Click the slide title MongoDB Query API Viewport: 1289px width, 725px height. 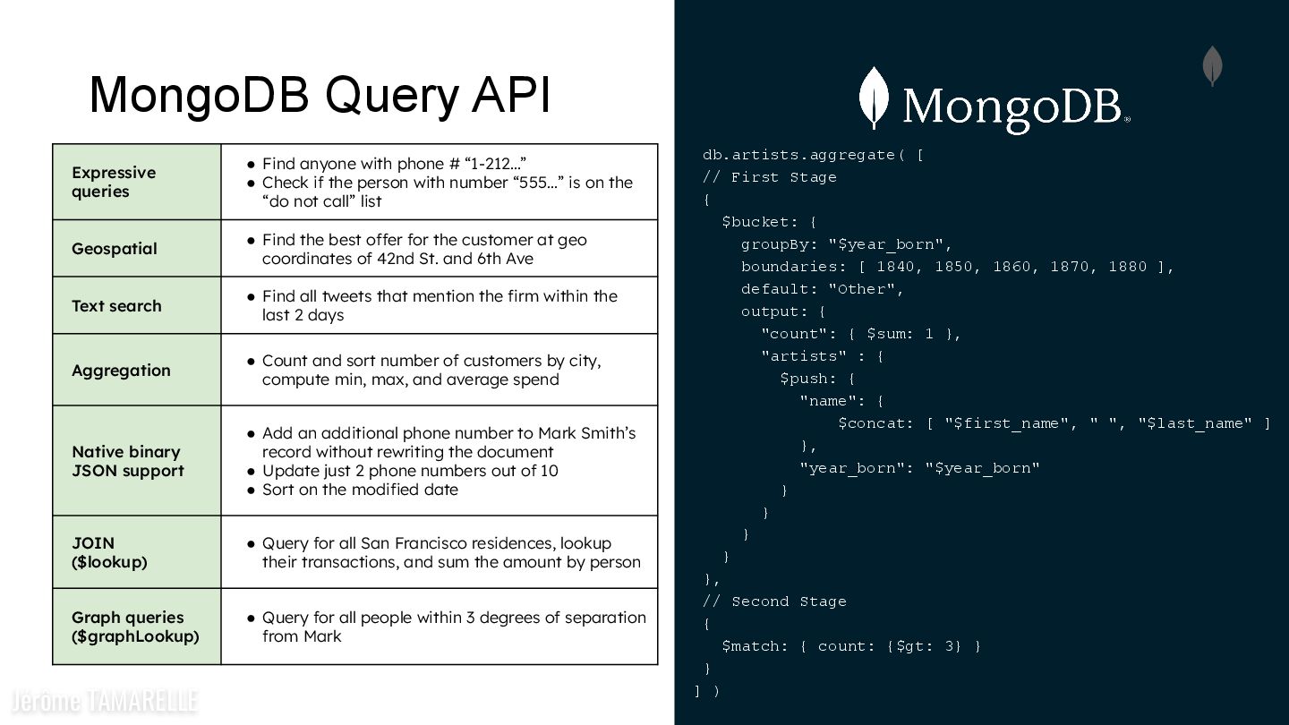[x=320, y=95]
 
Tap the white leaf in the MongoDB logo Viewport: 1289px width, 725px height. [x=874, y=98]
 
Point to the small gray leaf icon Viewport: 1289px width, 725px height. [x=1212, y=65]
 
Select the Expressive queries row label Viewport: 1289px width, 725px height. [x=114, y=182]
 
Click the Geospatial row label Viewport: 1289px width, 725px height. [x=114, y=249]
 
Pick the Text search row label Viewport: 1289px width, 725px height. [x=116, y=305]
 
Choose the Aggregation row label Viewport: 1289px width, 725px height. [x=121, y=371]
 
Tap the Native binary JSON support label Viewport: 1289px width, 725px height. [x=127, y=461]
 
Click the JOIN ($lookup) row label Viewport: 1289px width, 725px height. [x=109, y=552]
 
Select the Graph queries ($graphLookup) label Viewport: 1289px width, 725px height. [x=135, y=627]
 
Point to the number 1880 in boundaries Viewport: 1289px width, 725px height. [x=1127, y=267]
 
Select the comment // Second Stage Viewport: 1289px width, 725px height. [x=774, y=601]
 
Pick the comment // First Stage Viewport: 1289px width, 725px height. [x=770, y=177]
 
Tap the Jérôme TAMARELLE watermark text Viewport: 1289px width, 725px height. [x=104, y=701]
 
